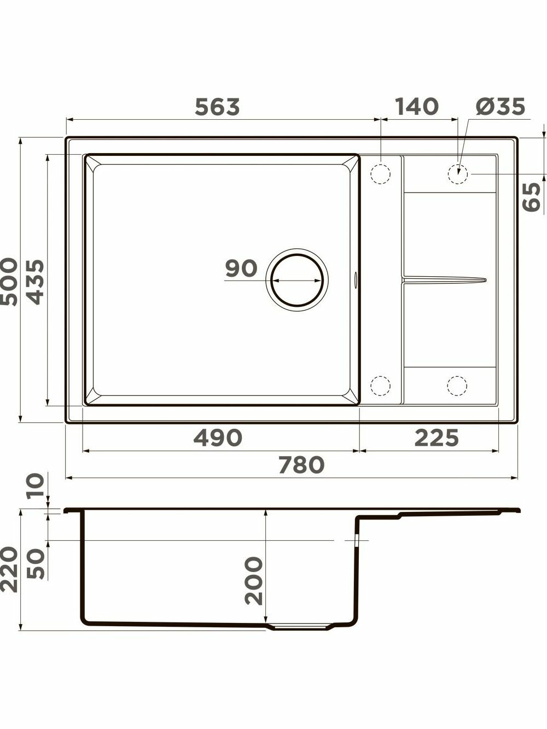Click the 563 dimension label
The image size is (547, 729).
coord(217,107)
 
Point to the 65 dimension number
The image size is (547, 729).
coord(532,197)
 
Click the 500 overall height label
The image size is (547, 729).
coord(9,282)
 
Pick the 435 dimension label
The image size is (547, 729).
coord(35,282)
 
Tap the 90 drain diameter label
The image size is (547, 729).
coord(241,269)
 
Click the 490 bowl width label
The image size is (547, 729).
coord(218,438)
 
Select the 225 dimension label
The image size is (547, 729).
coord(437,438)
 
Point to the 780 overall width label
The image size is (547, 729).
coord(301,465)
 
